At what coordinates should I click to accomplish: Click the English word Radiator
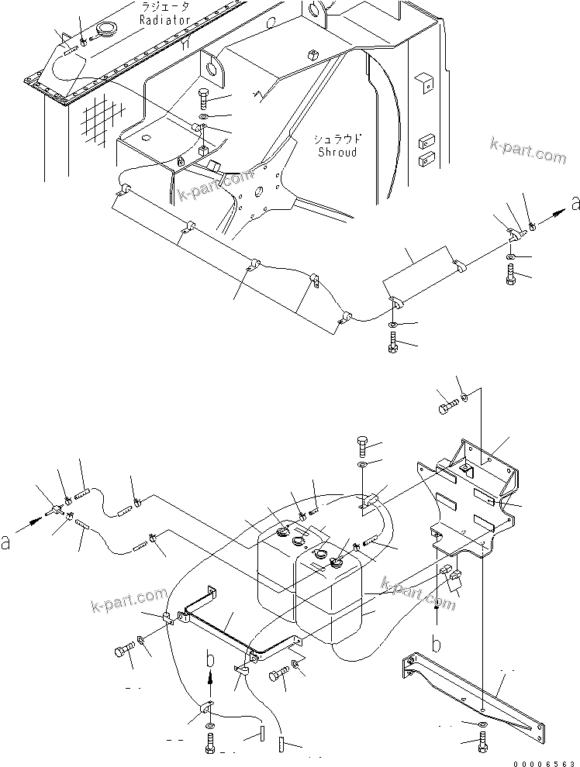[x=165, y=21]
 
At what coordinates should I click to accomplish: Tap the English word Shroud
[x=337, y=153]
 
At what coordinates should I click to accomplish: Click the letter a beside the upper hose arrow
[x=575, y=204]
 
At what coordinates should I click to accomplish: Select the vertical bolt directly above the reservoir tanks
[x=364, y=447]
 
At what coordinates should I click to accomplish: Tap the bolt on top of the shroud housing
[x=202, y=98]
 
